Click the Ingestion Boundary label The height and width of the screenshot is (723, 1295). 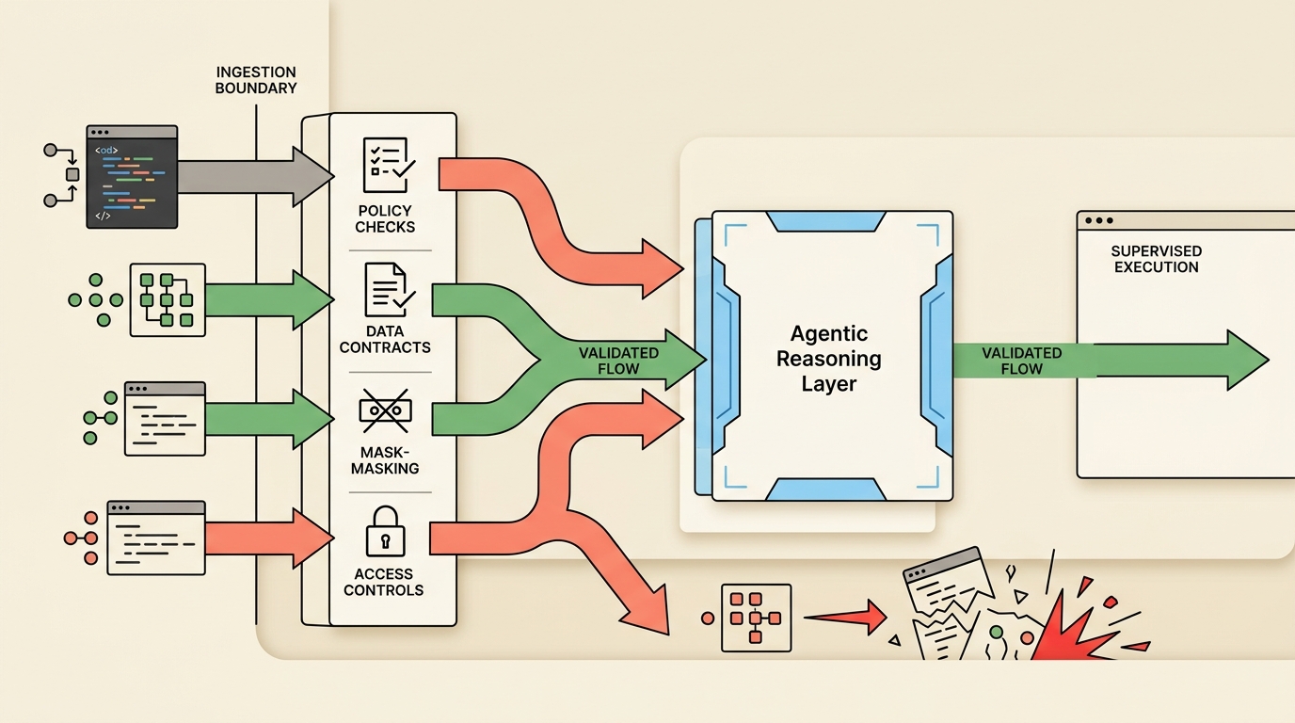click(x=255, y=80)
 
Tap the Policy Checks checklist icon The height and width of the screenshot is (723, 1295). click(x=385, y=165)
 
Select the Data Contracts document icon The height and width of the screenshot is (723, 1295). click(x=385, y=290)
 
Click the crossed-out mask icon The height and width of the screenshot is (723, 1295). click(x=385, y=411)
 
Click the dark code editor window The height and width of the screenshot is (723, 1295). click(x=132, y=176)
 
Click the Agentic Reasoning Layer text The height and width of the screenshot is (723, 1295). click(x=828, y=359)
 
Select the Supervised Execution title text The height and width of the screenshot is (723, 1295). click(x=1156, y=260)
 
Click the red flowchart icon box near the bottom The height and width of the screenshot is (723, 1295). click(x=756, y=619)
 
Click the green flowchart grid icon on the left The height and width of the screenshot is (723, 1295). click(x=167, y=299)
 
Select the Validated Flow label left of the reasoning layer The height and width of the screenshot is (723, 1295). click(x=617, y=361)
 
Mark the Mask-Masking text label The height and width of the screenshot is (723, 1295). click(x=385, y=460)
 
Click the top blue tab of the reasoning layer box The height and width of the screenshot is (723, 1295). click(x=825, y=222)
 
